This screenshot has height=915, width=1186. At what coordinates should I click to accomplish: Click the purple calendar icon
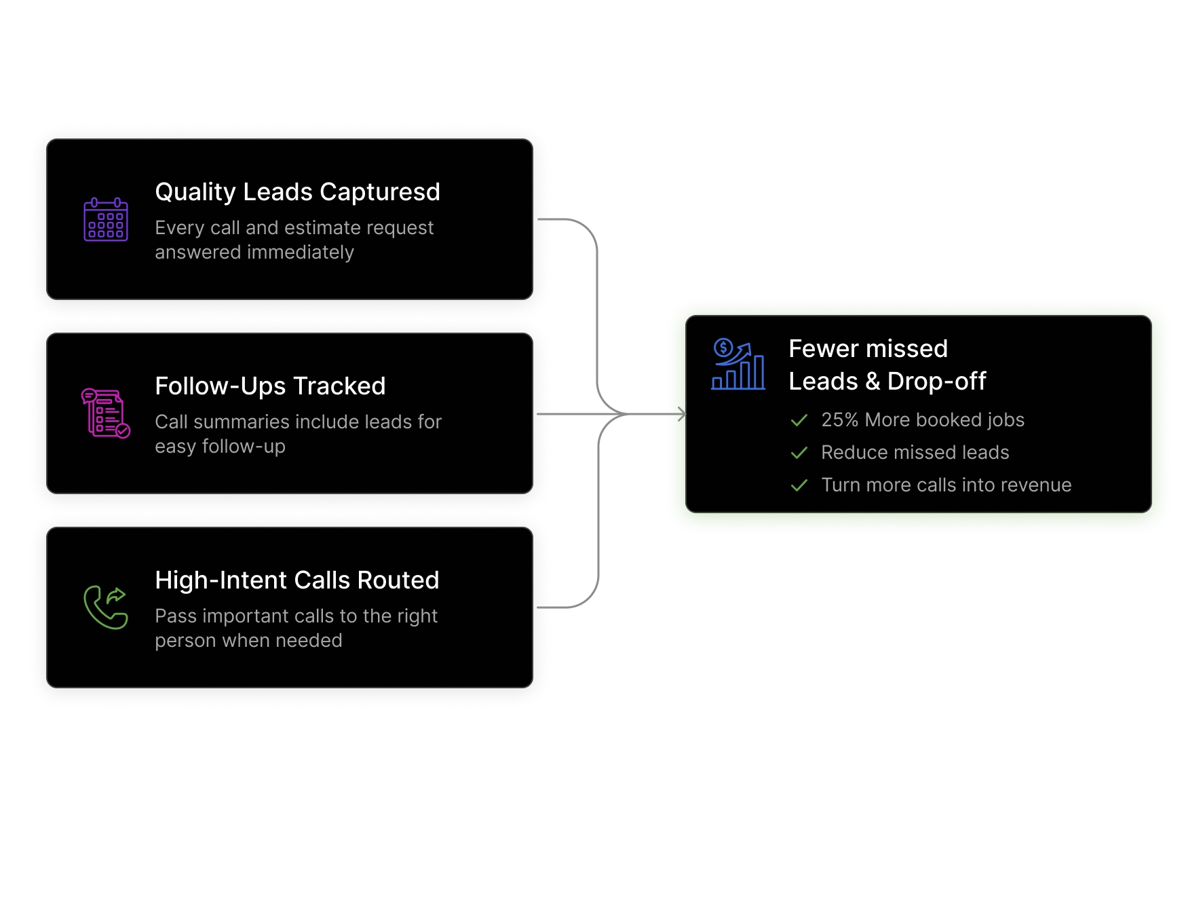(106, 219)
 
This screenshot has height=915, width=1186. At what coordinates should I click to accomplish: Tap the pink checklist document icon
(106, 413)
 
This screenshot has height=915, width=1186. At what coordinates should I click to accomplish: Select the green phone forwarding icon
(106, 608)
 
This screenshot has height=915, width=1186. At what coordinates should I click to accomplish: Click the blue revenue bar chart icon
(738, 364)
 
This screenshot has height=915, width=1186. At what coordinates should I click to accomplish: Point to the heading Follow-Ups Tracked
(270, 386)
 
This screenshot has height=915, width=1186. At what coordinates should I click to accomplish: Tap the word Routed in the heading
(398, 580)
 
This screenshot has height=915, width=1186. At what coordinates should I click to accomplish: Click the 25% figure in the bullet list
(840, 419)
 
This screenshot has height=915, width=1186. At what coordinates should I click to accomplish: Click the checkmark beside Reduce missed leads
(799, 453)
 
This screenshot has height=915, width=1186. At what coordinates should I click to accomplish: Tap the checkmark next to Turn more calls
(799, 485)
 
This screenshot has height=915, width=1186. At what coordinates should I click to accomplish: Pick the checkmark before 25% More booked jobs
(799, 420)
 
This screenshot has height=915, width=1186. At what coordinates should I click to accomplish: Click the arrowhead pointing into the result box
(682, 414)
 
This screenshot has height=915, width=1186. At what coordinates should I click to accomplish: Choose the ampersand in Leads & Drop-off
(873, 381)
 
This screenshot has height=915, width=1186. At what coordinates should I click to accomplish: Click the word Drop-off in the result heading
(937, 381)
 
